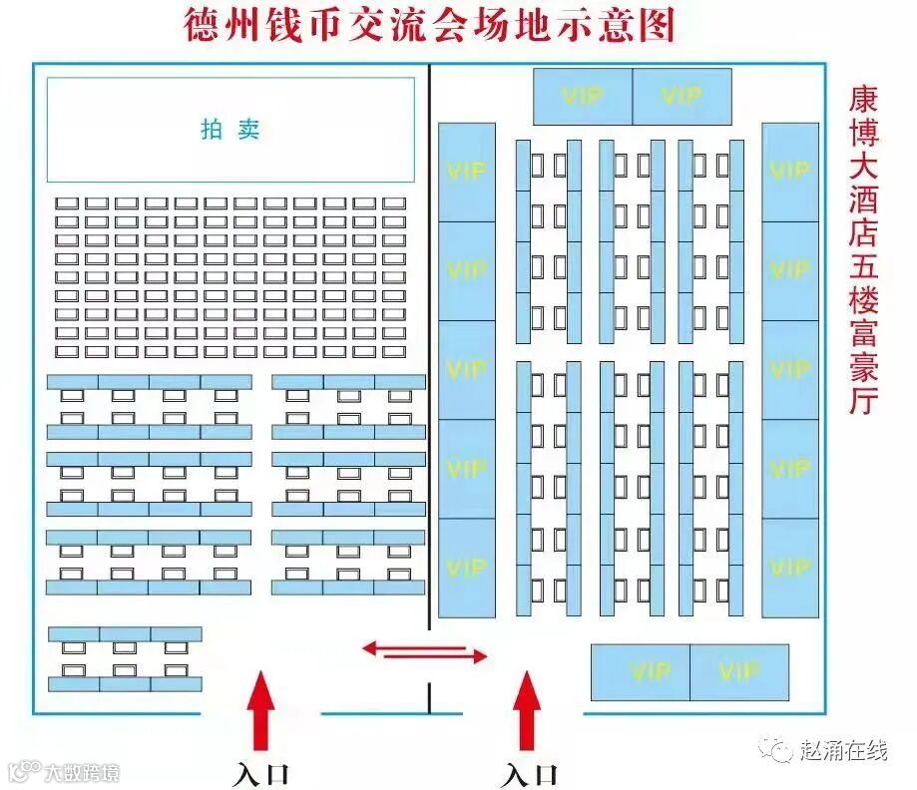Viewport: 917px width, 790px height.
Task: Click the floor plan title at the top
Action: pyautogui.click(x=429, y=25)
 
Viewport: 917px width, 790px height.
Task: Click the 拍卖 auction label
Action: pyautogui.click(x=230, y=130)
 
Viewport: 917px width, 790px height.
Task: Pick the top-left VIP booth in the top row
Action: pyautogui.click(x=583, y=96)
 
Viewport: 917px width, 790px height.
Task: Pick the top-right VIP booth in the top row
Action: pyautogui.click(x=683, y=96)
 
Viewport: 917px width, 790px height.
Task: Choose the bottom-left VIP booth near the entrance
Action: pyautogui.click(x=640, y=672)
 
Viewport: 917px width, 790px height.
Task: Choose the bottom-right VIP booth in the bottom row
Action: pyautogui.click(x=739, y=672)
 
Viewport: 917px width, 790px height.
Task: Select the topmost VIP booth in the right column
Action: pyautogui.click(x=790, y=172)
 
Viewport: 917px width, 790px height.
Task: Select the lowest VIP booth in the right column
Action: pyautogui.click(x=790, y=567)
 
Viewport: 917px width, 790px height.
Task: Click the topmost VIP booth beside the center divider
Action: pyautogui.click(x=466, y=172)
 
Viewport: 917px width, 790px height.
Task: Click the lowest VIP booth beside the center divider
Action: pyautogui.click(x=466, y=567)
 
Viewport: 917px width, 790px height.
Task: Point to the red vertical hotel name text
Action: pyautogui.click(x=863, y=249)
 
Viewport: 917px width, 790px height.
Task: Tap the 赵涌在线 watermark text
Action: pyautogui.click(x=843, y=750)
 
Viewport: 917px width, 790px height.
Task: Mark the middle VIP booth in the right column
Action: pyautogui.click(x=790, y=369)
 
